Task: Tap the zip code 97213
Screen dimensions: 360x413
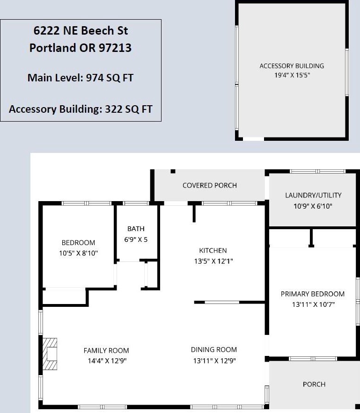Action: pyautogui.click(x=115, y=48)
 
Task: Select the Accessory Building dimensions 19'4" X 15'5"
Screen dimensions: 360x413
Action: pyautogui.click(x=292, y=75)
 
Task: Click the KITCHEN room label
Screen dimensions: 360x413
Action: pyautogui.click(x=213, y=251)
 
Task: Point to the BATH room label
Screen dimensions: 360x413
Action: pyautogui.click(x=136, y=229)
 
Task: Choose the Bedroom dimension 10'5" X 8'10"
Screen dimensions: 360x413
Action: pyautogui.click(x=78, y=254)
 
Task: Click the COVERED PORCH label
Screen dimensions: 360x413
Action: pyautogui.click(x=210, y=185)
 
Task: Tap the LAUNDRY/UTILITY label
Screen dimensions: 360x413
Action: pyautogui.click(x=313, y=196)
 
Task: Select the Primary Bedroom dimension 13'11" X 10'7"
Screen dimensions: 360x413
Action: pyautogui.click(x=313, y=305)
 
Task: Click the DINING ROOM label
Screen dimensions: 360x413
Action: pyautogui.click(x=214, y=350)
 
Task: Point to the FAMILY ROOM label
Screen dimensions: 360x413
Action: pyautogui.click(x=106, y=351)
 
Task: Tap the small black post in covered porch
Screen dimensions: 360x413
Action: pyautogui.click(x=173, y=172)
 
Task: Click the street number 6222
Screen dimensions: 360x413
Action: pyautogui.click(x=46, y=30)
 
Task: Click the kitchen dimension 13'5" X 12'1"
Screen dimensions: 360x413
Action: pyautogui.click(x=213, y=261)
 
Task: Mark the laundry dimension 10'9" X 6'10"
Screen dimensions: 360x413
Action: pyautogui.click(x=313, y=206)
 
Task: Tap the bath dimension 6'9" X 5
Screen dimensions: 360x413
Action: pyautogui.click(x=136, y=239)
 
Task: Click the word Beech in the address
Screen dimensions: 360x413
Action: pyautogui.click(x=97, y=30)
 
